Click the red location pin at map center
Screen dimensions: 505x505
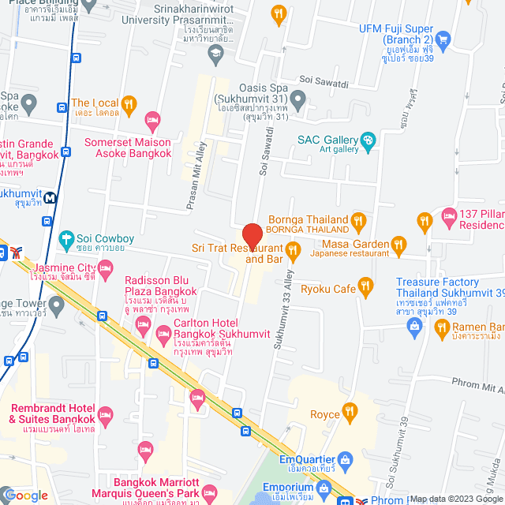pyautogui.click(x=252, y=237)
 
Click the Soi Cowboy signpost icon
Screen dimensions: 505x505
pyautogui.click(x=66, y=238)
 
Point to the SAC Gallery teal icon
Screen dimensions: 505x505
pyautogui.click(x=367, y=140)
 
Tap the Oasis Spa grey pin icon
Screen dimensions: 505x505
pyautogui.click(x=297, y=99)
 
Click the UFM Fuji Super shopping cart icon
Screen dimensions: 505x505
pyautogui.click(x=443, y=39)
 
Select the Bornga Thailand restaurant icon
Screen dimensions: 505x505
pyautogui.click(x=359, y=219)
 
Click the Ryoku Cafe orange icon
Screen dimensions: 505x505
pyautogui.click(x=365, y=286)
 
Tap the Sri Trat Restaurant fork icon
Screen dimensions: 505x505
pyautogui.click(x=293, y=252)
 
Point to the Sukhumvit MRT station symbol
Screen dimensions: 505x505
pyautogui.click(x=50, y=198)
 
